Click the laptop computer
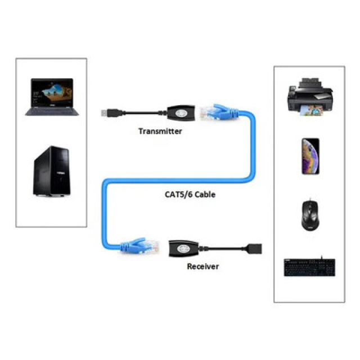[x=52, y=97]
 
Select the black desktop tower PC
[x=52, y=171]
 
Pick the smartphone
[x=310, y=156]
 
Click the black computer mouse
[x=310, y=215]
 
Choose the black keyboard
[x=309, y=267]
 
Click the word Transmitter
[x=160, y=131]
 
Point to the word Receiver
[x=202, y=266]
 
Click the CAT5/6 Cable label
[x=190, y=195]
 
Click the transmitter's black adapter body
[x=181, y=112]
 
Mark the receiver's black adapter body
[x=183, y=249]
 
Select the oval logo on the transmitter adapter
[x=181, y=113]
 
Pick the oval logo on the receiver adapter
[x=183, y=249]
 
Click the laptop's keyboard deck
[x=52, y=111]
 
